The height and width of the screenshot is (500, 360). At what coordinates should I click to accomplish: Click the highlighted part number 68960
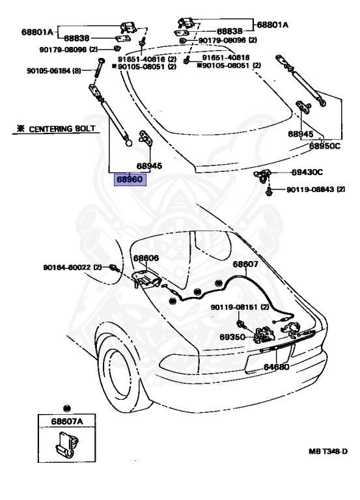130,180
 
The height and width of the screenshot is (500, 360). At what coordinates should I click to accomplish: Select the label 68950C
325,146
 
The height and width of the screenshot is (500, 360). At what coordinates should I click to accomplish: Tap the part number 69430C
307,172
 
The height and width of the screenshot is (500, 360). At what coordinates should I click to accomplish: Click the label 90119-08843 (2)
316,189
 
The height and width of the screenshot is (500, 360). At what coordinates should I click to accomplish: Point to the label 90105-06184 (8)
54,70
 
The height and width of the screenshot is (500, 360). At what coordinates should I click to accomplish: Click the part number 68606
146,258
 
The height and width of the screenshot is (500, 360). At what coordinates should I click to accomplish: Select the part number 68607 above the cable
245,264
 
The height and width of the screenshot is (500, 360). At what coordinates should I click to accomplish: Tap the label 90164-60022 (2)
72,267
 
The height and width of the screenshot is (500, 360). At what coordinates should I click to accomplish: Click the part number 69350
232,337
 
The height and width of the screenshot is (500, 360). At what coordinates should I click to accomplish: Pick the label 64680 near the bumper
276,367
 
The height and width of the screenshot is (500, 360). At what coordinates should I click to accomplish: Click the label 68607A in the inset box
67,421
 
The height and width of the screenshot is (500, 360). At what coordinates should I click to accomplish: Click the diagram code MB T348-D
328,451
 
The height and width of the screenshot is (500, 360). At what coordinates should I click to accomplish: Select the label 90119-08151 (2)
240,307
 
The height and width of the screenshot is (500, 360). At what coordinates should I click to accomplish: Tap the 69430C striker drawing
262,176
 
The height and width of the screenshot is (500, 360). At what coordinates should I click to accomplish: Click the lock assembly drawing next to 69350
265,335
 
